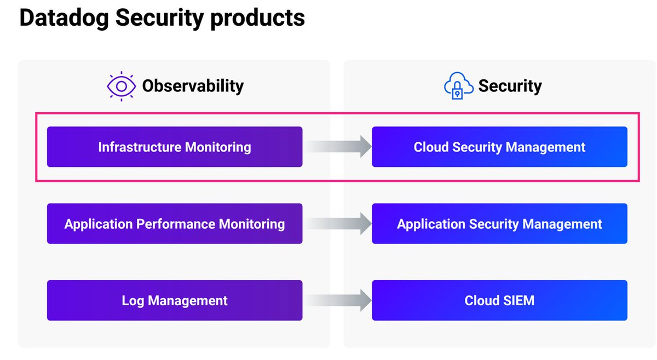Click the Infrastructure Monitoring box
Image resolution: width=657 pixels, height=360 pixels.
click(x=174, y=147)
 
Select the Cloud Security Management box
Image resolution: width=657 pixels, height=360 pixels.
click(x=499, y=147)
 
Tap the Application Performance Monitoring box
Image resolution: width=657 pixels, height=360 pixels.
click(x=174, y=224)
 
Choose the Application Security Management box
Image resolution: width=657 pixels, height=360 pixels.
click(x=499, y=224)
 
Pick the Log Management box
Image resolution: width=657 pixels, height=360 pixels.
click(x=174, y=300)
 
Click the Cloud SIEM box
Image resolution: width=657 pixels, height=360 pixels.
click(x=499, y=300)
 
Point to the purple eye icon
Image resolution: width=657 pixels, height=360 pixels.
click(x=121, y=86)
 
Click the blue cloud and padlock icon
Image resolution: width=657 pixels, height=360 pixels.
click(x=458, y=86)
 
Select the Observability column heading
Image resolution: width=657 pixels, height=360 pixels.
click(x=193, y=86)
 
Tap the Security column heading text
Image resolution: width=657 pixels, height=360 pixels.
click(x=510, y=86)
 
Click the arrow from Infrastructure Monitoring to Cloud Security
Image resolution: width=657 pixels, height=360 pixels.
click(x=338, y=147)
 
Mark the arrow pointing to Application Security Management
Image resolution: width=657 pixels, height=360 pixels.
click(x=338, y=224)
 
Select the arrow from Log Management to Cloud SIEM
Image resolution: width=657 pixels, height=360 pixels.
click(x=338, y=300)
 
